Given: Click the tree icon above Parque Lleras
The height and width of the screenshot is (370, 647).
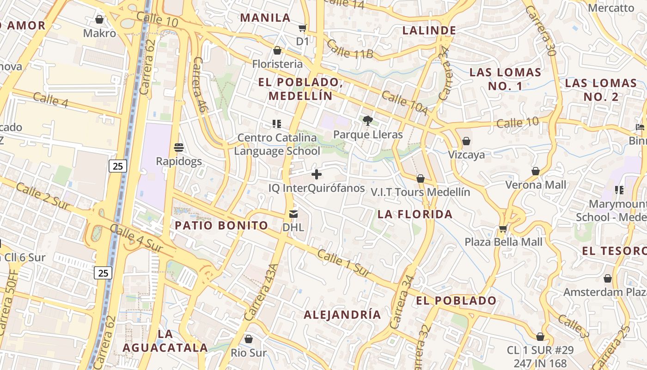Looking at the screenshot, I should [368, 121].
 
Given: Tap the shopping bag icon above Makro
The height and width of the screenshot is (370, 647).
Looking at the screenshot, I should [99, 19].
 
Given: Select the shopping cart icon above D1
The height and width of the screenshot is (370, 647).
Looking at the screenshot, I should [302, 28].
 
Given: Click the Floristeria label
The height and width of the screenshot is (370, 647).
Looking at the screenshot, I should [277, 64].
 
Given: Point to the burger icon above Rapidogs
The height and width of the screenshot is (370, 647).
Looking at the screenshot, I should [179, 148].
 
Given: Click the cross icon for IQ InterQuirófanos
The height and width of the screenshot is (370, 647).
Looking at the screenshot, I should [317, 174].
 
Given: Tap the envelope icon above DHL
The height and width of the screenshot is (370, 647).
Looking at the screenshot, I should [293, 214].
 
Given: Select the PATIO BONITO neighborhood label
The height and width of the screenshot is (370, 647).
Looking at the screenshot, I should [221, 226].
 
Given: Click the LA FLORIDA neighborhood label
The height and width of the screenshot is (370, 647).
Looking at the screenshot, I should [415, 214].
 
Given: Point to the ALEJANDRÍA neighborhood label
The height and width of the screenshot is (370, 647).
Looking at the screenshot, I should [342, 314].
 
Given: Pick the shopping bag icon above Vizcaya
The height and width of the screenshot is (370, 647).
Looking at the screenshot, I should [466, 141].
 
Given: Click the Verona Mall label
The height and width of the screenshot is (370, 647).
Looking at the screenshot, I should [536, 185].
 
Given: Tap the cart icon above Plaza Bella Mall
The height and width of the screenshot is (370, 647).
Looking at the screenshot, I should [503, 228].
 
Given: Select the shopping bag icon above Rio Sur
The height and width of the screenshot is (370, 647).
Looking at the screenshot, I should [249, 339].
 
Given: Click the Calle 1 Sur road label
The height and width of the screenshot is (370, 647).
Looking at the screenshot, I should [344, 264].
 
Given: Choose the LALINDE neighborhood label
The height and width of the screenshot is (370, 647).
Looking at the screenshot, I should [429, 31].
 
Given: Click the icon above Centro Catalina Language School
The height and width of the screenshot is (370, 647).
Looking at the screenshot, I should [277, 124].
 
